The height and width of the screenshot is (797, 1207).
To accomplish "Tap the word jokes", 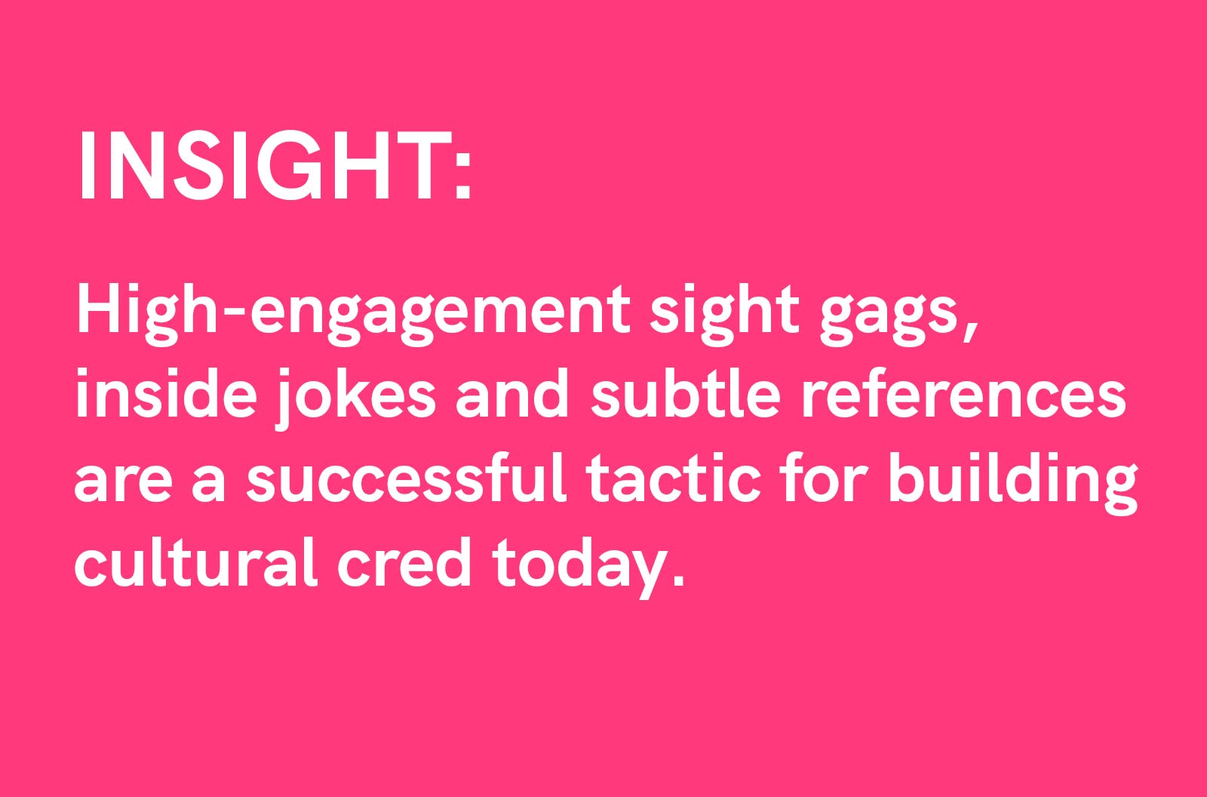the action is tap(355, 398).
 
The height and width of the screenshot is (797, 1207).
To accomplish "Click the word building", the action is tap(1012, 482).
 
